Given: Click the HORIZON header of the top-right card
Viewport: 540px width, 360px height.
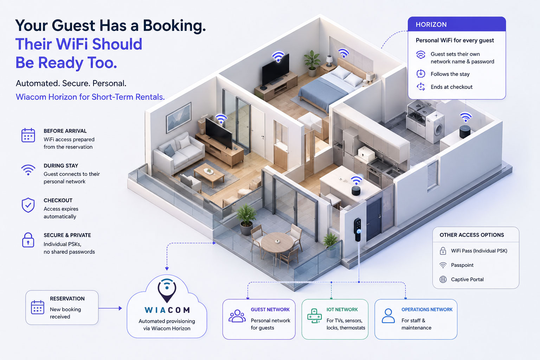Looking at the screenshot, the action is click(431, 25).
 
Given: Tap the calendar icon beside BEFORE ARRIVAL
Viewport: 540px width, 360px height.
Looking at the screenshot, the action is click(28, 135).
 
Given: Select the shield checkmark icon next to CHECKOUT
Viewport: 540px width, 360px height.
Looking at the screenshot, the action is click(28, 205).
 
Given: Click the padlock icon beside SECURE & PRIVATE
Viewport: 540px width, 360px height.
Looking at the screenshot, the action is click(28, 240).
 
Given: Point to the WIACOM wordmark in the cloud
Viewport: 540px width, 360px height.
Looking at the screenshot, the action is click(167, 310).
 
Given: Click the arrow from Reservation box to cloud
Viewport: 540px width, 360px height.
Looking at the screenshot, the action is click(110, 308).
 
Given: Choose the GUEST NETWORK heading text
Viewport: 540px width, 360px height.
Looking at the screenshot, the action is click(270, 310).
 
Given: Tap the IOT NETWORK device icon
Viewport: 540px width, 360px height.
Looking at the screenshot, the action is click(314, 316).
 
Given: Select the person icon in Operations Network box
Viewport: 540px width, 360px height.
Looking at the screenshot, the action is click(388, 316).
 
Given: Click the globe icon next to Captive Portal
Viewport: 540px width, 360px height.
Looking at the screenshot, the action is click(443, 279).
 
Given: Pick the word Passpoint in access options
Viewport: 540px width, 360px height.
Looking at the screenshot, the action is click(462, 265).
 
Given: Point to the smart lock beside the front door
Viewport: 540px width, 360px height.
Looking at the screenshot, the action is click(358, 229).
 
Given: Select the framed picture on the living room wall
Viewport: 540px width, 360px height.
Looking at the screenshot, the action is click(179, 117).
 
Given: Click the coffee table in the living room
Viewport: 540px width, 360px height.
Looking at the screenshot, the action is click(209, 174).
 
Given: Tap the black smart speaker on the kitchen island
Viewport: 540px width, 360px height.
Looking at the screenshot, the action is click(356, 191).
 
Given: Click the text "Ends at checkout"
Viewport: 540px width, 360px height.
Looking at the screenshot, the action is click(451, 87).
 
